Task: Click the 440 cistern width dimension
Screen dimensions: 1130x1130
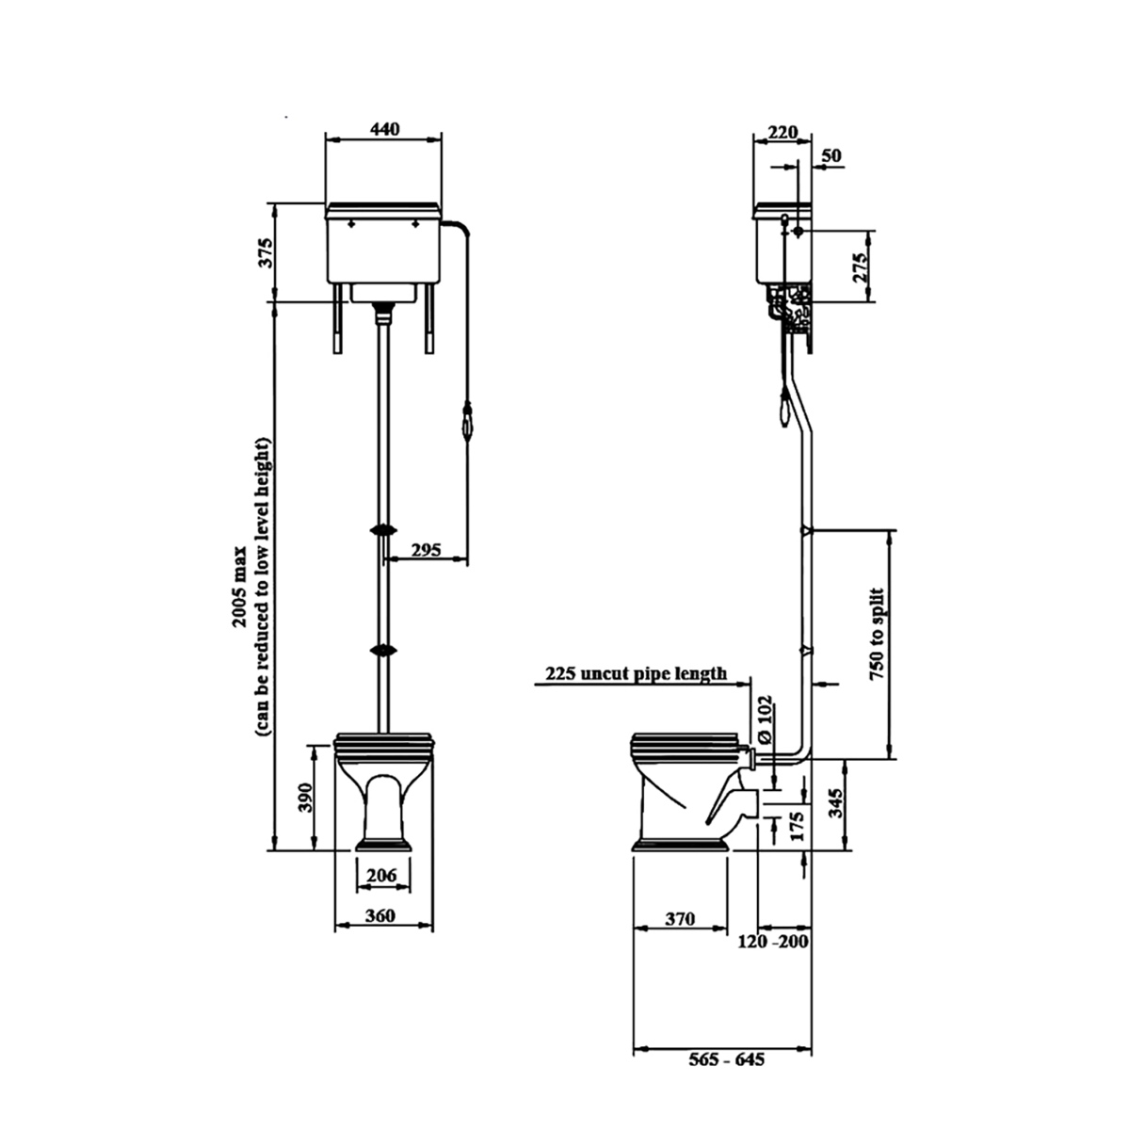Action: [x=384, y=128]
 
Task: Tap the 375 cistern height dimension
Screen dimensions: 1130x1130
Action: [x=266, y=252]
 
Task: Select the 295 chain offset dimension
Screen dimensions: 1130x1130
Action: [x=426, y=549]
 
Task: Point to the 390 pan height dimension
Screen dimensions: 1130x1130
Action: [x=305, y=798]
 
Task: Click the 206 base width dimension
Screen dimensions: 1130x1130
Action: [x=381, y=875]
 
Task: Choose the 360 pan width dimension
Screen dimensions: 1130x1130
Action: [x=380, y=914]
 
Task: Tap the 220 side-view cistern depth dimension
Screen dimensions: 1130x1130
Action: [x=783, y=132]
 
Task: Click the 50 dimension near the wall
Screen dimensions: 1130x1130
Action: [x=831, y=155]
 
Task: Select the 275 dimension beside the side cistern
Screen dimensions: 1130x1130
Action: [x=860, y=268]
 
